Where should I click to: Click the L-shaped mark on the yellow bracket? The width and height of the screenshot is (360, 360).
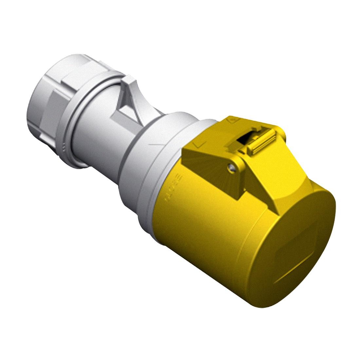198,144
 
